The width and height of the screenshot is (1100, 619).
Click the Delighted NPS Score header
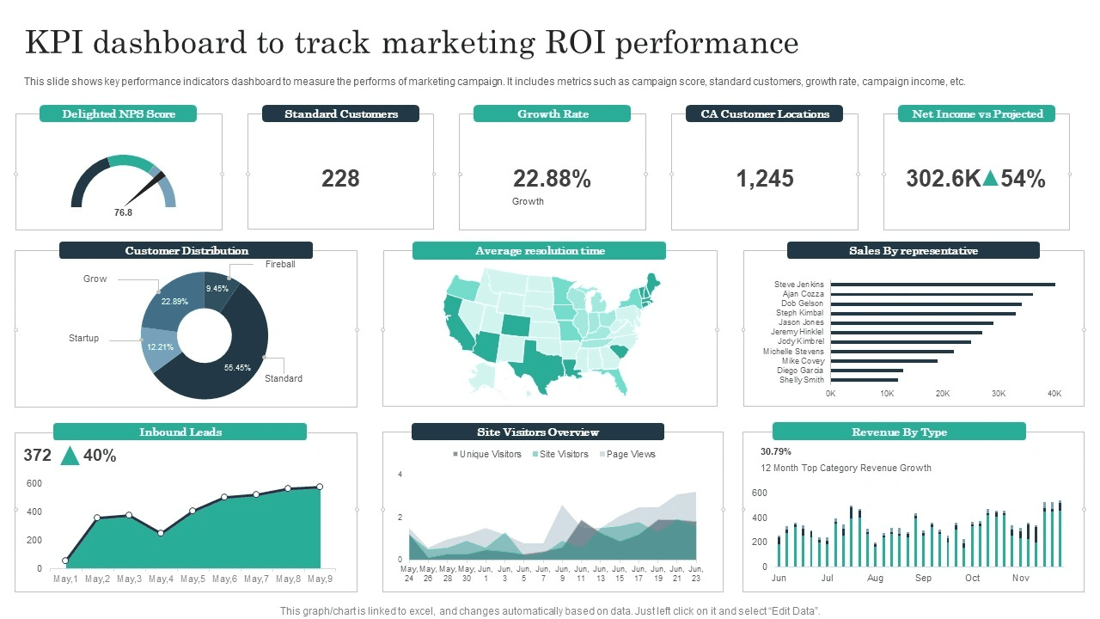(x=118, y=113)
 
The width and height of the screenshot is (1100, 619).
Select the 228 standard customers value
(x=340, y=179)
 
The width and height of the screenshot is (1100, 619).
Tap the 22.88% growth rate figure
(x=552, y=179)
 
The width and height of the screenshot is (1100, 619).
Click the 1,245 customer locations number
(x=764, y=179)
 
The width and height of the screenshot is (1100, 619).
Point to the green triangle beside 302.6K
(x=990, y=179)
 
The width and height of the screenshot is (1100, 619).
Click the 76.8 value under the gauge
(x=123, y=212)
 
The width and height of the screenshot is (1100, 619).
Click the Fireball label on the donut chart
(x=280, y=264)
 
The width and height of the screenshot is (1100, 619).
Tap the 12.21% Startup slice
(x=159, y=348)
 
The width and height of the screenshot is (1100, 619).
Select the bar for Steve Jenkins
(x=943, y=285)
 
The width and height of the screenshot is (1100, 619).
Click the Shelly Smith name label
(x=801, y=380)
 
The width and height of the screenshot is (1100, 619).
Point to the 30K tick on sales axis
(x=999, y=394)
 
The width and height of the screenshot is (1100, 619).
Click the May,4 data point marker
(x=161, y=533)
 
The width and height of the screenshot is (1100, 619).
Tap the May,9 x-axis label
(x=320, y=579)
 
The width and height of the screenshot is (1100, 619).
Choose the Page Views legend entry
(x=631, y=454)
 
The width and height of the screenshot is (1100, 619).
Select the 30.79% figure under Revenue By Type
(x=775, y=451)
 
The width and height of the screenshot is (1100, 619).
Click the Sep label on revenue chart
(x=923, y=578)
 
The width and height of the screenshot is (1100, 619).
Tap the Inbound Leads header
(x=180, y=432)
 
